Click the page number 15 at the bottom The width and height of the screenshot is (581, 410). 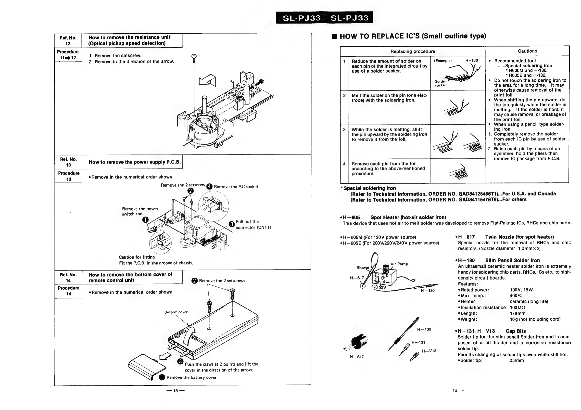coord(175,391)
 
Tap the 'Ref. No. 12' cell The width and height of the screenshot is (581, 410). coord(68,40)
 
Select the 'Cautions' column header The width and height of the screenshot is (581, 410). coord(527,51)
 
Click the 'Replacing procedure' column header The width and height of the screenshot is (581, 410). coord(413,51)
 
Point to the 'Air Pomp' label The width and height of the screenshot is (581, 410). coord(399,264)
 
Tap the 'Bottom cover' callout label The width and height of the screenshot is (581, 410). coord(176,312)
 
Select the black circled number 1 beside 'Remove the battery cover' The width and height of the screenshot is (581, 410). coord(162,377)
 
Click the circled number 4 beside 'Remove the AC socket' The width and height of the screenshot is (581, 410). coord(209,187)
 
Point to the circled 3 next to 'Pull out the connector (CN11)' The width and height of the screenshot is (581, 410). coord(231,224)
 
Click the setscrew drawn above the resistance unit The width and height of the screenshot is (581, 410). coord(194,58)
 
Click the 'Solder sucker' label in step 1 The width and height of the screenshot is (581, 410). coord(441,83)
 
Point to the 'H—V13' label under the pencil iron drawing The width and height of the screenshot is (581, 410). coord(429,351)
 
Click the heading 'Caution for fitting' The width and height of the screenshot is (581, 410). coord(137,257)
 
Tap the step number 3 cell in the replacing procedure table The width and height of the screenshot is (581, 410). coord(344,129)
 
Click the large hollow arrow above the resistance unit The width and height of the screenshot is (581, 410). coord(208,80)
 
